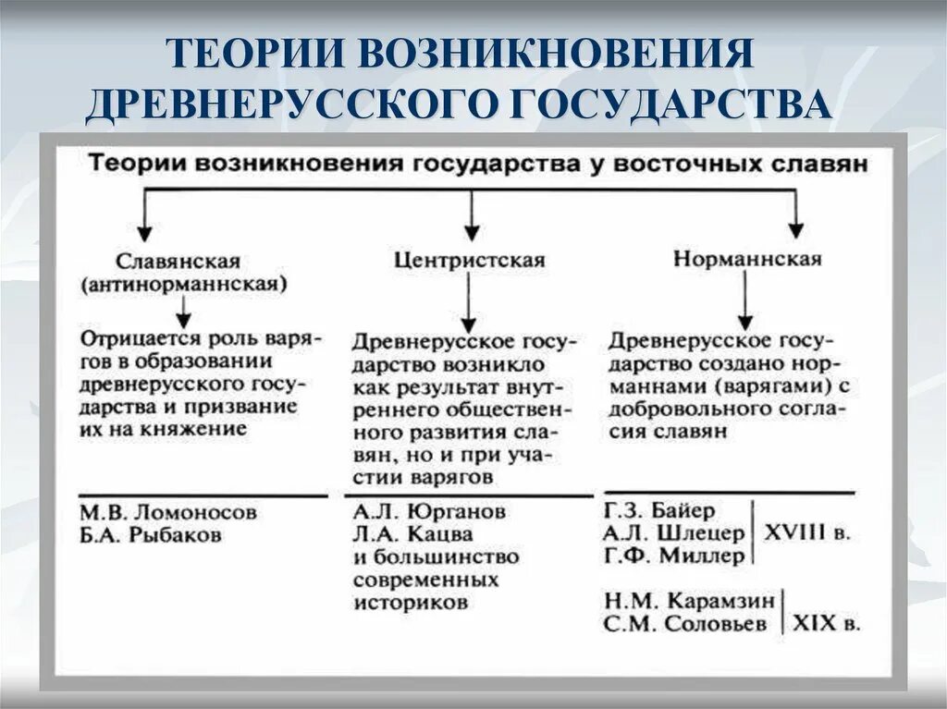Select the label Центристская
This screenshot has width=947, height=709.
tap(469, 260)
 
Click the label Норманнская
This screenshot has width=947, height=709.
tap(746, 259)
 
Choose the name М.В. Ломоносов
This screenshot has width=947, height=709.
tap(166, 512)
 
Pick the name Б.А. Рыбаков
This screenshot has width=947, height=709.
tap(150, 535)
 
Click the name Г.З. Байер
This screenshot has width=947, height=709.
tap(658, 510)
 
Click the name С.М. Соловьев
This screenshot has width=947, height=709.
tap(685, 624)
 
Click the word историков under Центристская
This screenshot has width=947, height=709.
tap(411, 603)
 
